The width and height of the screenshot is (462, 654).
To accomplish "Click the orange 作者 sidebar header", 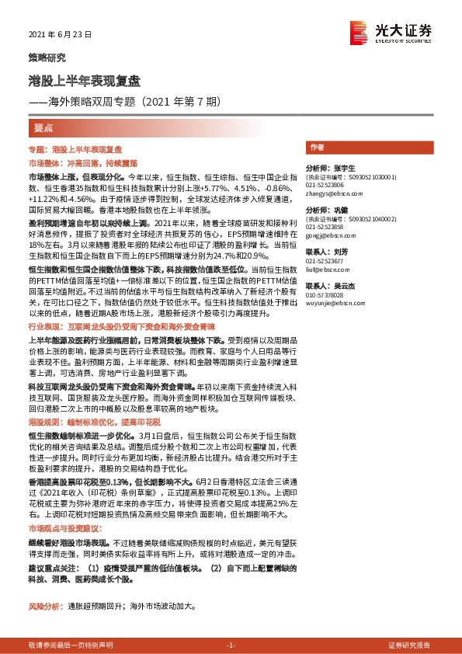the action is (317, 147).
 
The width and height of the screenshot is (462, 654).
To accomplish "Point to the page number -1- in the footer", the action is (230, 645).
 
